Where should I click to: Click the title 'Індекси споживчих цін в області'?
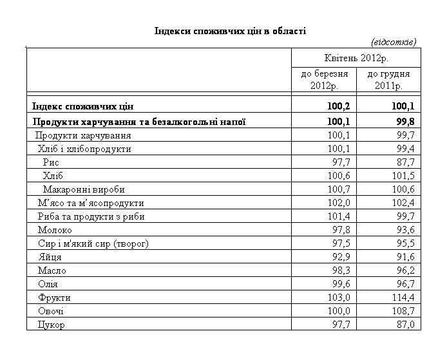230,30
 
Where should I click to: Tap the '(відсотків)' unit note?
394,42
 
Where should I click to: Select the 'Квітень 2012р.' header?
356,58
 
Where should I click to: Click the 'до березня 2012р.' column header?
325,80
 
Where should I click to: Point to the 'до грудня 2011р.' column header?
388,80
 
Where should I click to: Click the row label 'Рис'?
51,162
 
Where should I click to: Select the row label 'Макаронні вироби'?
84,189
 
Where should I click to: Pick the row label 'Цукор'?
52,325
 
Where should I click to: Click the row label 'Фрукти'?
54,298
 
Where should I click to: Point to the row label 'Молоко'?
55,230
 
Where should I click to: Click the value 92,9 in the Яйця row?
339,257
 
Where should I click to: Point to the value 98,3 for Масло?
339,270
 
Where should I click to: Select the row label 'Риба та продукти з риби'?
91,216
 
